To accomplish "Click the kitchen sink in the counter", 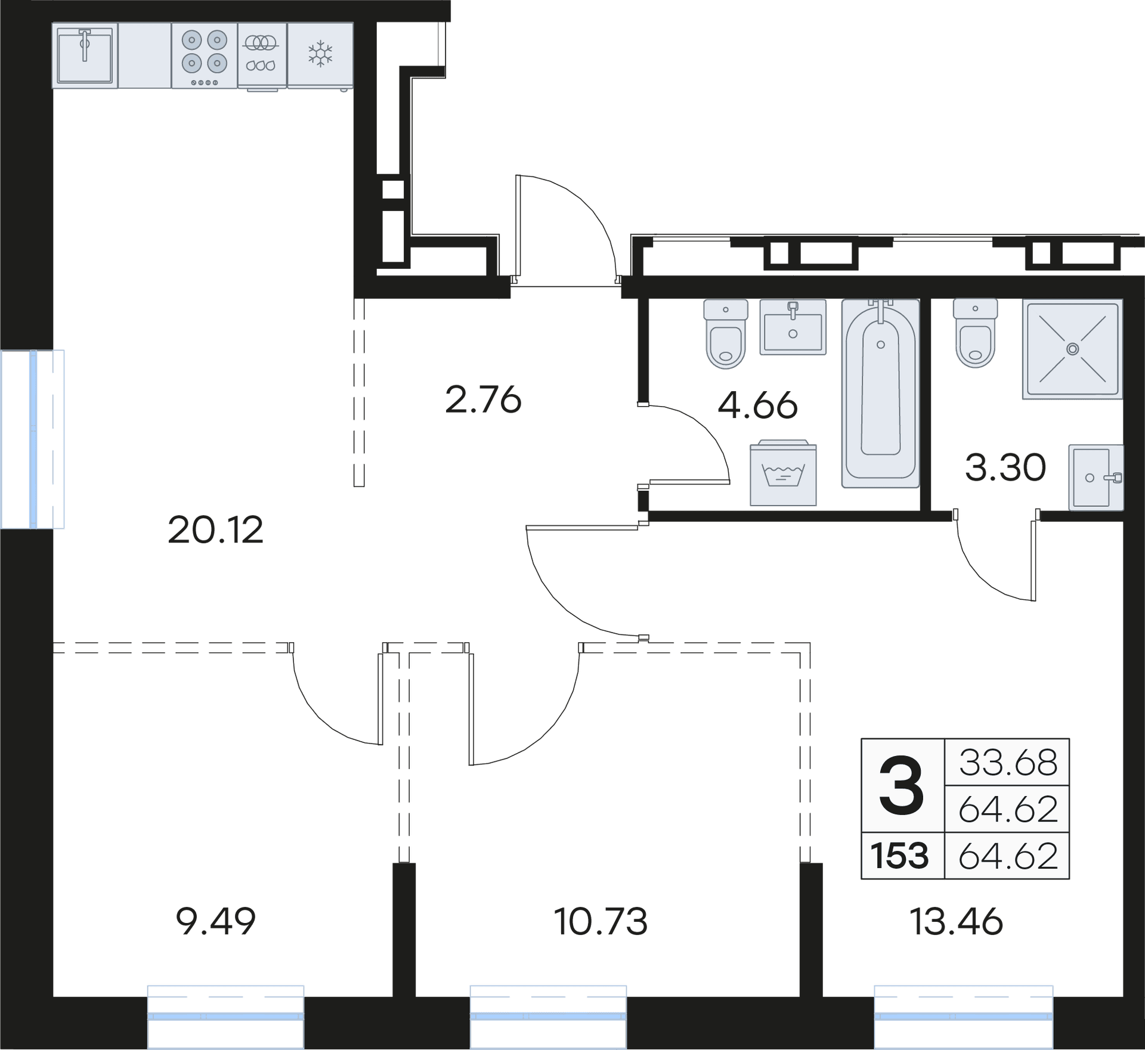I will point(85,56).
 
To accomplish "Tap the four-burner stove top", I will point(205,56).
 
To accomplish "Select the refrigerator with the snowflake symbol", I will point(320,55).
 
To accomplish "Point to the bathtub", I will point(880,393).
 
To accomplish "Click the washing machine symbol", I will point(783,474).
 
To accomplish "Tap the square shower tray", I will point(1072,349).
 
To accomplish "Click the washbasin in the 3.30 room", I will point(1096,478).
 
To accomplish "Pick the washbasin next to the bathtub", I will point(793,327).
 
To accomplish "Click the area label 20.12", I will point(216,530).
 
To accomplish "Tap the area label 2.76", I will point(483,400).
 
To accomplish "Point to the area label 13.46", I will point(956,921).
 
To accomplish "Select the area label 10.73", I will point(601,921).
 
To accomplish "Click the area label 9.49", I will point(216,921).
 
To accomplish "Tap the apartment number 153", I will point(900,856).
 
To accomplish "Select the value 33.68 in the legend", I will point(1008,763).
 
